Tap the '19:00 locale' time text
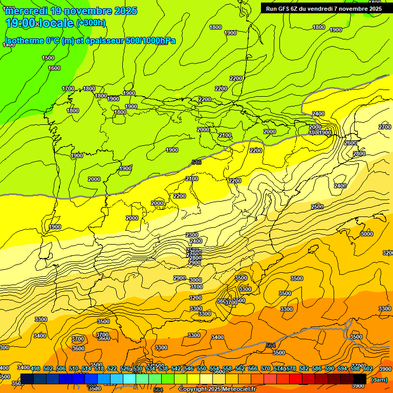click(38, 23)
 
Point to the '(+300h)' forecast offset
click(91, 23)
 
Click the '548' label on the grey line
click(196, 162)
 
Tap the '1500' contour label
click(48, 58)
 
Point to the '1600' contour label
click(54, 68)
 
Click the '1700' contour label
click(68, 89)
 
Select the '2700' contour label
click(385, 127)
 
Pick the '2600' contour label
click(351, 143)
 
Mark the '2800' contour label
click(359, 154)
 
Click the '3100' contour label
click(196, 287)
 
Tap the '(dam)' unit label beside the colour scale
click(379, 380)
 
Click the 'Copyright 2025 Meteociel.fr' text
click(217, 389)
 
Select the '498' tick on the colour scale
click(35, 368)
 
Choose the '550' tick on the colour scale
click(202, 368)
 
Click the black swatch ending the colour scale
click(360, 379)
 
